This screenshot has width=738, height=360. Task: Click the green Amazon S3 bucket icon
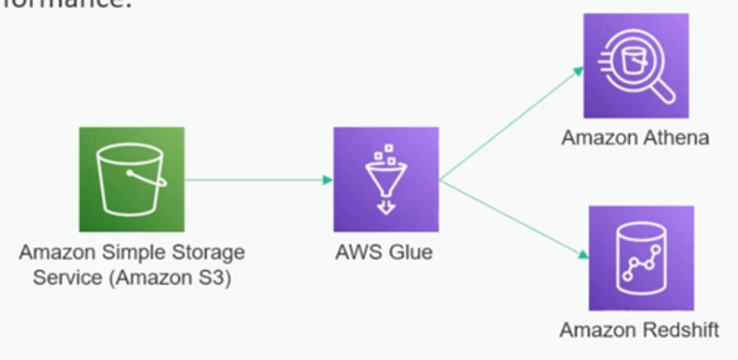tap(131, 179)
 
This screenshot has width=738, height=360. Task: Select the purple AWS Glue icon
tap(386, 179)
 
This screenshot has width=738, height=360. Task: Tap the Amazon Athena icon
tap(636, 66)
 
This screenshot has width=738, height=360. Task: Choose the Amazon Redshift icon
tap(641, 258)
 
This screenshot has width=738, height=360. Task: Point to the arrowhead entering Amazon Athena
tap(579, 71)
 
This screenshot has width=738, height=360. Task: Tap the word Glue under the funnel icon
tap(411, 252)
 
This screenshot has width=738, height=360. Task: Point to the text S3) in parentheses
tap(216, 277)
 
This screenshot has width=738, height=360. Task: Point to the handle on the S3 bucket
tap(148, 179)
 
